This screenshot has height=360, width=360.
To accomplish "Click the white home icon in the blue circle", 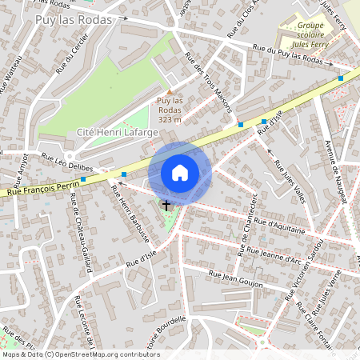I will [180, 172].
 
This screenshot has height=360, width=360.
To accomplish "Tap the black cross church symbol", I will [166, 206].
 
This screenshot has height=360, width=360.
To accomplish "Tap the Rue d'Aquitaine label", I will [277, 226].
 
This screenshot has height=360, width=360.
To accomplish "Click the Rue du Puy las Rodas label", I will [288, 54].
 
